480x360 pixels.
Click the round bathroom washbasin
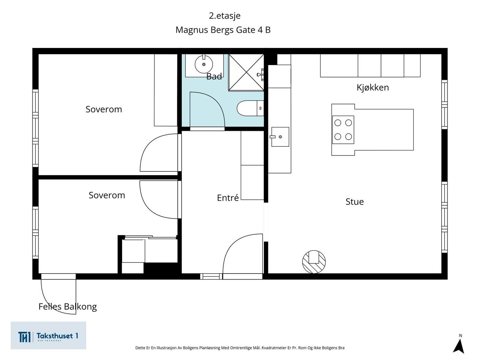pyautogui.click(x=204, y=64)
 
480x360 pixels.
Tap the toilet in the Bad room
pyautogui.click(x=250, y=108)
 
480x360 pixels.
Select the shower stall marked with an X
pyautogui.click(x=246, y=72)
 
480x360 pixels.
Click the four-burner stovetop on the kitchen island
pyautogui.click(x=343, y=130)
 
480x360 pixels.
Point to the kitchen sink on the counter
pyautogui.click(x=280, y=137)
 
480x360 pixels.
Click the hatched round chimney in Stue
pyautogui.click(x=314, y=262)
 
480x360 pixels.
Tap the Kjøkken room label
pyautogui.click(x=373, y=87)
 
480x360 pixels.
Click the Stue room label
pyautogui.click(x=355, y=202)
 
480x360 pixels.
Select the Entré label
pyautogui.click(x=228, y=198)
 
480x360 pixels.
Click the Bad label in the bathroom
pyautogui.click(x=214, y=76)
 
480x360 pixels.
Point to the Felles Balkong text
pyautogui.click(x=67, y=307)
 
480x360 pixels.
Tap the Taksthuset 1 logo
pyautogui.click(x=48, y=335)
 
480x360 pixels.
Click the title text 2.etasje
pyautogui.click(x=225, y=16)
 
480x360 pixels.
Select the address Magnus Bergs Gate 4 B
pyautogui.click(x=223, y=30)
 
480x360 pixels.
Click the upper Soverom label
pyautogui.click(x=104, y=109)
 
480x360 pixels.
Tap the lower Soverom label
pyautogui.click(x=107, y=195)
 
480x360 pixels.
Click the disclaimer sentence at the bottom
pyautogui.click(x=240, y=348)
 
